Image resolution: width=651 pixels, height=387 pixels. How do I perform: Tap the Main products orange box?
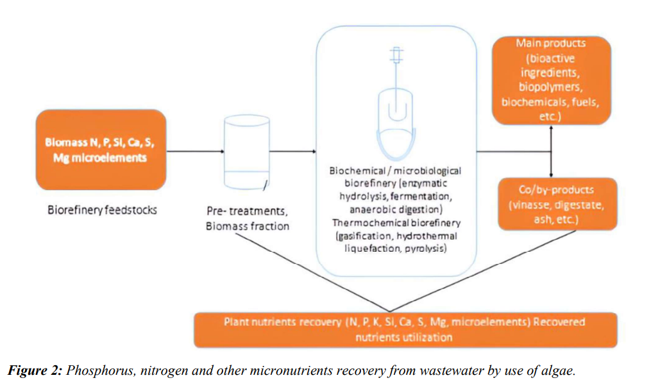tap(551, 79)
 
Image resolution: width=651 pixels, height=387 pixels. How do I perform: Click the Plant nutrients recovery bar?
tap(405, 329)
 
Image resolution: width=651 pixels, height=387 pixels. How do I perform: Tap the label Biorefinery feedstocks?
tap(103, 210)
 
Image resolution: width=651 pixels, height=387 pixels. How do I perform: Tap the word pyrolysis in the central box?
tap(425, 249)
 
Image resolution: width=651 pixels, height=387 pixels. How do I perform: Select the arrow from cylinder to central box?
tap(295, 152)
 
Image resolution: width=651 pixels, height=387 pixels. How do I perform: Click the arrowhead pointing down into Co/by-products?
tap(552, 174)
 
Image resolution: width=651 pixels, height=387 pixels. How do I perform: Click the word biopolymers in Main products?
tap(551, 86)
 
